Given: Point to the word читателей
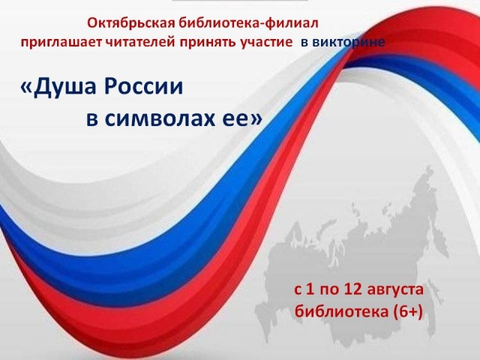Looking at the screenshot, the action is (x=140, y=42).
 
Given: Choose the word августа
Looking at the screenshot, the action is (x=395, y=290).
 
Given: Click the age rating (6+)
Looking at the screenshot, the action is (x=408, y=312).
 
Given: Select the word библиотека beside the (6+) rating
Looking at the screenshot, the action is (x=342, y=311).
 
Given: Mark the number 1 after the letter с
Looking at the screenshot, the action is (x=310, y=289).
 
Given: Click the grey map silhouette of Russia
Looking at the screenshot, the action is (x=352, y=260).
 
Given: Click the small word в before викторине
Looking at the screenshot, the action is (x=304, y=43).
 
